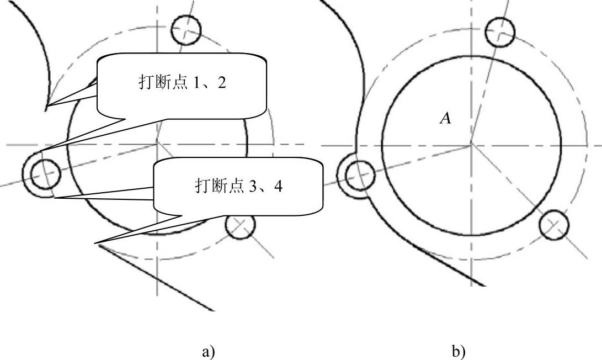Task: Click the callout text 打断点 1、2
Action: (x=182, y=83)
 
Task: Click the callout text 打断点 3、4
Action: (x=238, y=186)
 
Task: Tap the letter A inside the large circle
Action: (x=445, y=118)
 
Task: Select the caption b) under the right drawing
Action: (x=458, y=351)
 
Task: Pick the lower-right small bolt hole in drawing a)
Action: (x=241, y=225)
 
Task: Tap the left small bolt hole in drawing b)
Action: (x=360, y=175)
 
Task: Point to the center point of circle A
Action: (x=471, y=145)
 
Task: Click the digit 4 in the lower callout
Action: (x=279, y=187)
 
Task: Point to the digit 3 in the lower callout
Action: (x=252, y=187)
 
